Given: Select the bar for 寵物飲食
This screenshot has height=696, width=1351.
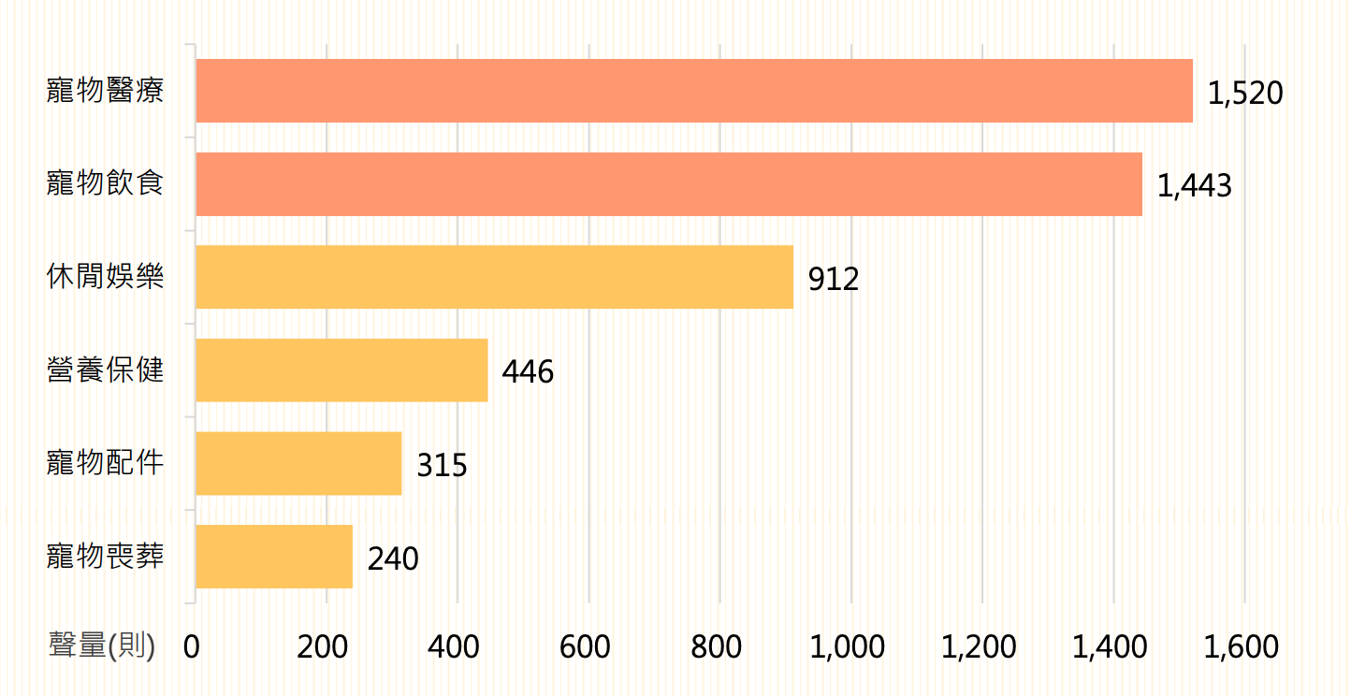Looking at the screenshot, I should click(669, 184).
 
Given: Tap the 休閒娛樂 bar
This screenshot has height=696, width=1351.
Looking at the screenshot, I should click(494, 277).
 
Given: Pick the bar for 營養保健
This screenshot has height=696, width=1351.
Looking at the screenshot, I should click(341, 370).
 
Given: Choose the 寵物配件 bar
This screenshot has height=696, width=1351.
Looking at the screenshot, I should click(298, 463).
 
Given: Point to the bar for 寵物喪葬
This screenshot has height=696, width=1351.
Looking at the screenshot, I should click(274, 557).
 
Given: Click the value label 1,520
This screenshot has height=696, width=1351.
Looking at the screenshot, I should click(1244, 93).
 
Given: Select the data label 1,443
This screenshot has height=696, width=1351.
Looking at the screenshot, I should click(1194, 186).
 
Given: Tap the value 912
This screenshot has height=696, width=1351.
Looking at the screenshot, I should click(834, 279).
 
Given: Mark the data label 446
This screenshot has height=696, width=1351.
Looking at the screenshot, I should click(528, 372).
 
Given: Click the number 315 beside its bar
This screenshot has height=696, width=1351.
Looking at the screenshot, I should click(442, 465).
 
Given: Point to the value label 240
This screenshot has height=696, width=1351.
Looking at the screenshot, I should click(393, 558).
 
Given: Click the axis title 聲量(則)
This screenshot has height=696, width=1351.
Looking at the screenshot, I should click(102, 645).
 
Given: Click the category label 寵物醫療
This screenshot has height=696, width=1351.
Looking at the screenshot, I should click(106, 91).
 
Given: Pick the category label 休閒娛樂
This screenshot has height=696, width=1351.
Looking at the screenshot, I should click(106, 277).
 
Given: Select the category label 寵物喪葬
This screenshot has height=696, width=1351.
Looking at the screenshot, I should click(106, 557).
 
